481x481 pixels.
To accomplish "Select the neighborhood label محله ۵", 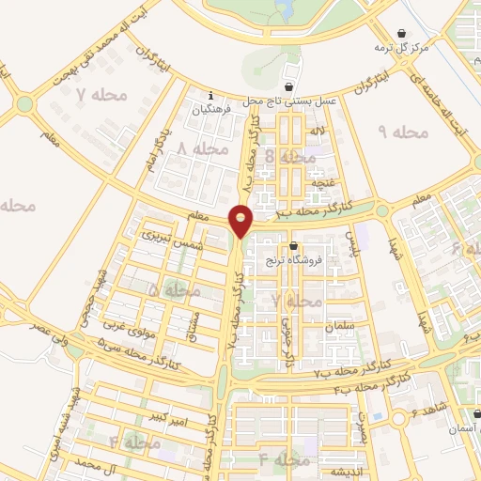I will tap(165, 291).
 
